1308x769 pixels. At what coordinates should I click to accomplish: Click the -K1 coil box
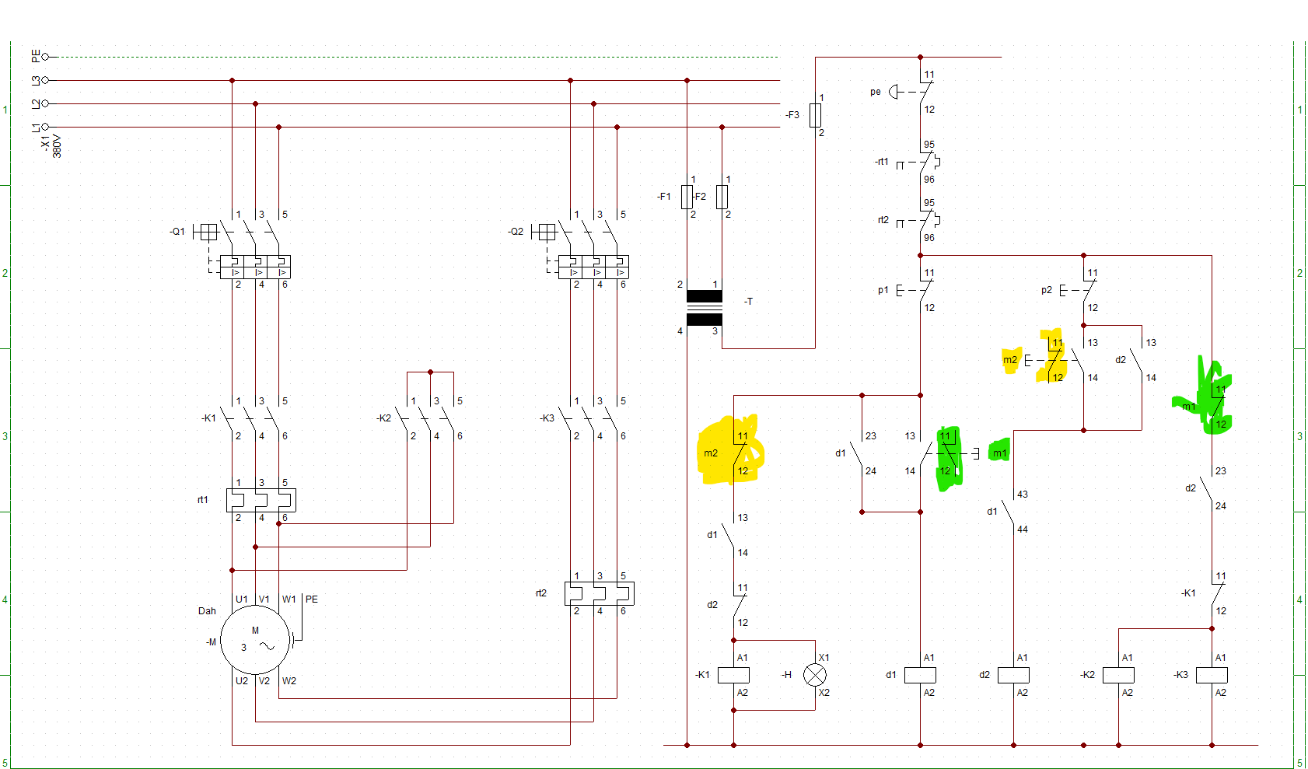(x=733, y=675)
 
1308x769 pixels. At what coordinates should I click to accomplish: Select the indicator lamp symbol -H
(x=814, y=675)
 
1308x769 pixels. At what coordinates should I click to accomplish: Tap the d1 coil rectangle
(x=920, y=675)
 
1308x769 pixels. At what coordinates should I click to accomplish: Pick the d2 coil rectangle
(x=1013, y=675)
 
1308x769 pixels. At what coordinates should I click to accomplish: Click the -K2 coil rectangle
(x=1118, y=675)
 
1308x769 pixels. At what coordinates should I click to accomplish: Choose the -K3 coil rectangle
(x=1212, y=675)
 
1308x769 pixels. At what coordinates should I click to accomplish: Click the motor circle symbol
(x=255, y=640)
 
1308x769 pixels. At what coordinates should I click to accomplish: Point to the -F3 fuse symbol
(x=815, y=115)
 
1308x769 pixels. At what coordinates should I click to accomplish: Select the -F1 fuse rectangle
(x=687, y=197)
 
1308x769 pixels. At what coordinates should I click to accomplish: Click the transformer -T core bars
(x=705, y=308)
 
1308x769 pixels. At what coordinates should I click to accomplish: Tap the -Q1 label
(x=178, y=232)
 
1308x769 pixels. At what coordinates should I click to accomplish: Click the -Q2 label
(x=516, y=232)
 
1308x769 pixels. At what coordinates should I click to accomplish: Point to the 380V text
(x=57, y=146)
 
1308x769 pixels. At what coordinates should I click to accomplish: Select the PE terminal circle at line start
(x=45, y=57)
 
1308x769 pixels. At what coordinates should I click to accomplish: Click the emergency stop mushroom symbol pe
(x=893, y=92)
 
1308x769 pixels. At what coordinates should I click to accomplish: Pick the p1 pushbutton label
(x=883, y=290)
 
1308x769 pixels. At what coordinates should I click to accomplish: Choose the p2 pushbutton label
(x=1046, y=290)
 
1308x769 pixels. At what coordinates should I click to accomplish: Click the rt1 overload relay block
(x=261, y=500)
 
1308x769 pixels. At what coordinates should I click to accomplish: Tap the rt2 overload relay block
(x=600, y=593)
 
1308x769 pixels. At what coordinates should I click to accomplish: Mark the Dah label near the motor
(x=207, y=610)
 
